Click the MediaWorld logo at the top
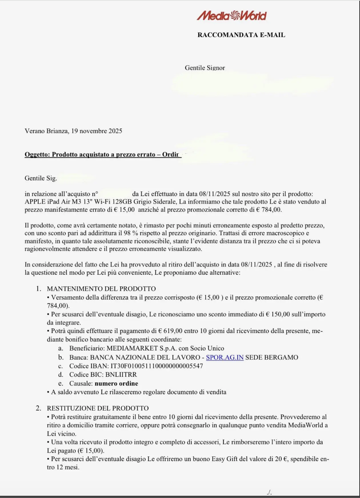click(232, 15)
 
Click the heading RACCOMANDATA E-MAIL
click(241, 35)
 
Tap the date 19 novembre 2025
click(97, 131)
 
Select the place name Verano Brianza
click(46, 131)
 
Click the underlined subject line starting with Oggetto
click(102, 154)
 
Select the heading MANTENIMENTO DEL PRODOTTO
click(101, 289)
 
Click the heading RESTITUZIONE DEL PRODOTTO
click(98, 408)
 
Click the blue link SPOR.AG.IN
click(225, 357)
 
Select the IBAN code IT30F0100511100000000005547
click(157, 366)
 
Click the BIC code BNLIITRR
click(121, 375)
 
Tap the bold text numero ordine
click(116, 383)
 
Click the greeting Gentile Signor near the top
click(205, 68)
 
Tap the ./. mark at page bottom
click(269, 492)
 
